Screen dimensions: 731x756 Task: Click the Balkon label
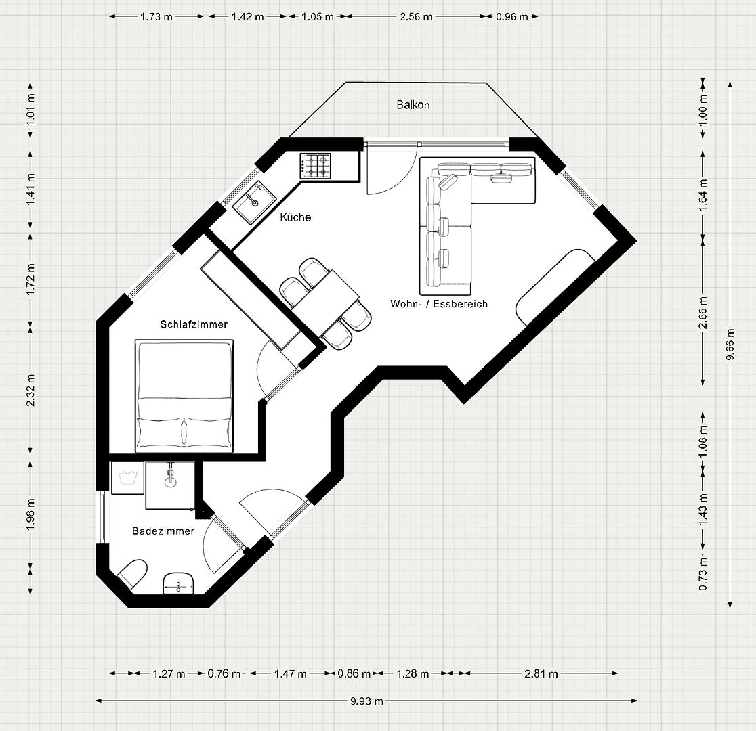[x=413, y=105]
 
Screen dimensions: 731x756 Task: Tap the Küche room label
[x=295, y=217]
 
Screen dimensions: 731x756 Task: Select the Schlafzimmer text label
[x=194, y=324]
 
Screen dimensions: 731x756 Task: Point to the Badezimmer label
[x=163, y=531]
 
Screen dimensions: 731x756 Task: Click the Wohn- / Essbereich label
[x=439, y=304]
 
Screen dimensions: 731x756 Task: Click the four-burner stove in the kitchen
[x=316, y=166]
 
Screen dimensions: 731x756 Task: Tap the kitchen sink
[x=255, y=200]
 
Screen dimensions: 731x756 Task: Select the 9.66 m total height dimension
[x=730, y=336]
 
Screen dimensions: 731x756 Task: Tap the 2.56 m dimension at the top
[x=417, y=17]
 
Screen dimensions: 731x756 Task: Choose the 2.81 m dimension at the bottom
[x=541, y=673]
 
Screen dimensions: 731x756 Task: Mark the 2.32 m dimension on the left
[x=30, y=391]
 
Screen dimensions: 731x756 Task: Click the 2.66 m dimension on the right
[x=703, y=312]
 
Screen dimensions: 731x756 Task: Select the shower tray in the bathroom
[x=170, y=485]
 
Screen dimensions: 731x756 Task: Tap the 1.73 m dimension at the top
[x=156, y=17]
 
